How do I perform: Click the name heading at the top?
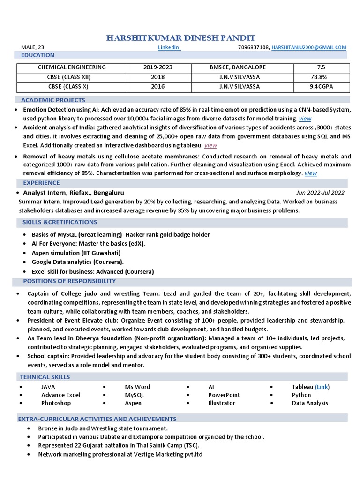[x=180, y=38]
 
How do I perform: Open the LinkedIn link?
[x=169, y=47]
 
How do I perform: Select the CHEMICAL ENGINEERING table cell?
[x=72, y=67]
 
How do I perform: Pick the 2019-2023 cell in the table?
[x=158, y=67]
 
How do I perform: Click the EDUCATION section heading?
[x=38, y=55]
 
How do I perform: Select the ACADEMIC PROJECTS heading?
[x=53, y=100]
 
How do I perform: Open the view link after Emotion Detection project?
[x=305, y=119]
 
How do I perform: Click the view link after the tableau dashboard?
[x=210, y=145]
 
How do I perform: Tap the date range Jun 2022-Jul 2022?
[x=320, y=193]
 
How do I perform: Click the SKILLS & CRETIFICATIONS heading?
[x=60, y=222]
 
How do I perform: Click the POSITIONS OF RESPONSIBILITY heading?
[x=69, y=281]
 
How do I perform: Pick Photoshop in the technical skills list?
[x=56, y=403]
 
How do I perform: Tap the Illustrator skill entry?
[x=222, y=403]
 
